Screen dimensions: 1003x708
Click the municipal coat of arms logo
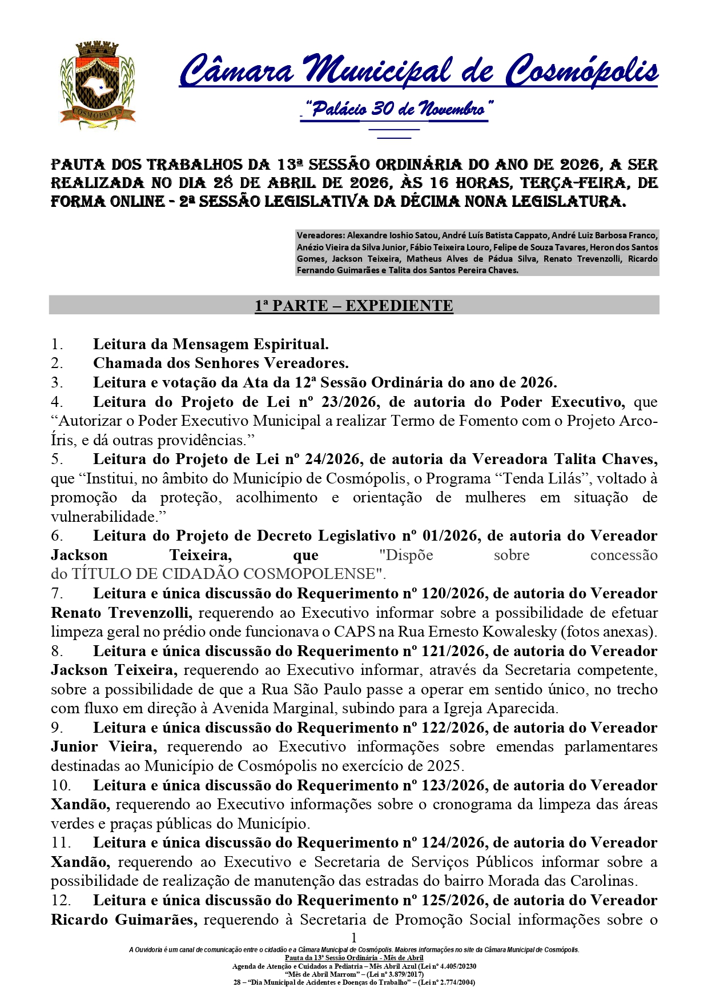click(x=98, y=85)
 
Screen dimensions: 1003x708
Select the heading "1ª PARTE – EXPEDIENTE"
click(x=354, y=306)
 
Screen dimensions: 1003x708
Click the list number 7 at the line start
click(x=57, y=594)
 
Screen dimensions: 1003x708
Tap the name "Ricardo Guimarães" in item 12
click(x=124, y=920)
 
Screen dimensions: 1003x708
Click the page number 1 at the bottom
click(x=354, y=937)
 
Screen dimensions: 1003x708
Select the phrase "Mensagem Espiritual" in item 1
click(x=251, y=345)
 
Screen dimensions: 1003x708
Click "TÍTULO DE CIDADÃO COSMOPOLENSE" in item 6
click(x=223, y=574)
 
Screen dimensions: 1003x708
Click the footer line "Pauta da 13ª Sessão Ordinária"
click(x=354, y=958)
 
